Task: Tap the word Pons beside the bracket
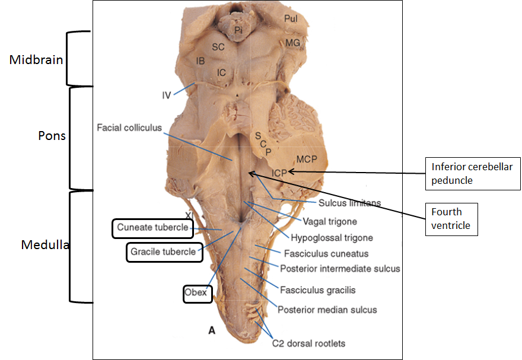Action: coord(50,135)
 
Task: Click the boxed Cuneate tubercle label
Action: coord(152,227)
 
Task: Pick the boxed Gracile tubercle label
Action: coord(163,251)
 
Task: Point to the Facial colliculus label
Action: coord(129,128)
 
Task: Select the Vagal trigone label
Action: coord(330,222)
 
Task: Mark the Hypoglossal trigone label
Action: coord(332,238)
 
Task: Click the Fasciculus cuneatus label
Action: coord(335,253)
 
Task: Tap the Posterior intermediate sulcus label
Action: coord(340,269)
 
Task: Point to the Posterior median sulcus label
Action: coord(327,310)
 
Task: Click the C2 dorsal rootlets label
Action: coord(308,343)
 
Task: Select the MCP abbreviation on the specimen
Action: coord(307,158)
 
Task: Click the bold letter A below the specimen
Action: coord(211,332)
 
